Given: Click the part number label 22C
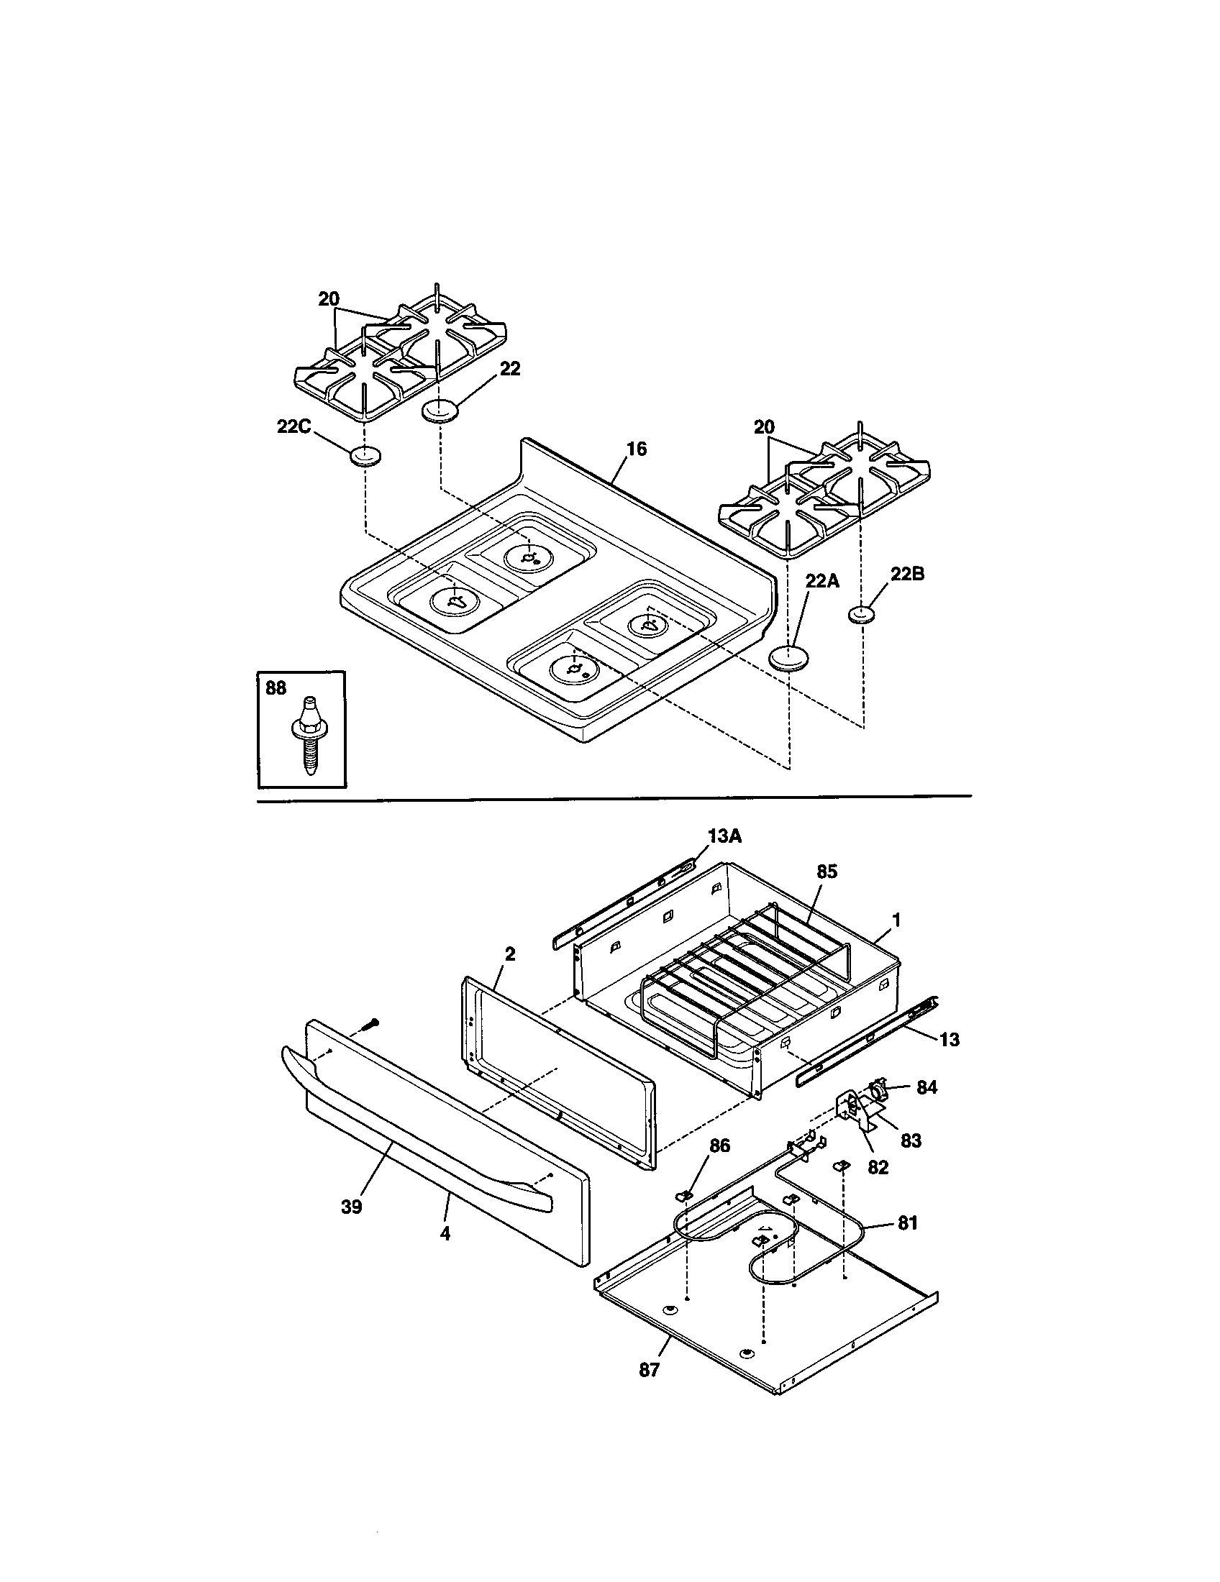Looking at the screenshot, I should [293, 426].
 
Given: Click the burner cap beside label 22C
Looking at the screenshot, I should [365, 457].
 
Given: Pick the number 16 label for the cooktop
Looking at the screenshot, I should [636, 449].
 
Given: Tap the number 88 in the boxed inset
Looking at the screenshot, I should [276, 688].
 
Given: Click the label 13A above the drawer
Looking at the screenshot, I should [724, 837].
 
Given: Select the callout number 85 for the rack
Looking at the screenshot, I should [827, 872].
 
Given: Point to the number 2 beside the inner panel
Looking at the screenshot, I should [510, 954].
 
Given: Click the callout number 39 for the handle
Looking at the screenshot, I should [350, 1207].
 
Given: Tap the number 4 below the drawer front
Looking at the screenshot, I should [445, 1233].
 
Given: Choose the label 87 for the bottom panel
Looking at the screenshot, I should [649, 1370].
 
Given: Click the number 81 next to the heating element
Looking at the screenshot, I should [907, 1222].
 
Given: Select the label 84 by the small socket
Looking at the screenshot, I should [927, 1087].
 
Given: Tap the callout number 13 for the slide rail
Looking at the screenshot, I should [949, 1040].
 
